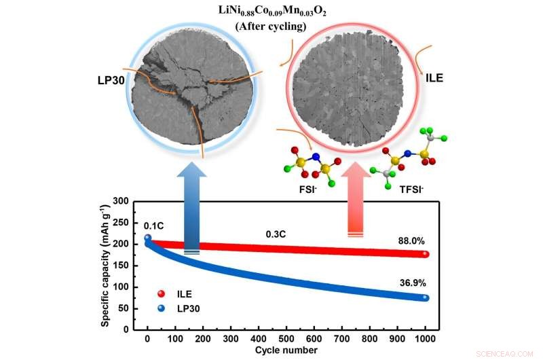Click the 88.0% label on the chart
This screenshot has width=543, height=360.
click(411, 241)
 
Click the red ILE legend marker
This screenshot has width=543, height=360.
click(161, 293)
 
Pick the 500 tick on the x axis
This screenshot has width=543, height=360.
click(286, 338)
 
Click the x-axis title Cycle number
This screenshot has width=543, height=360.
click(286, 350)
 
